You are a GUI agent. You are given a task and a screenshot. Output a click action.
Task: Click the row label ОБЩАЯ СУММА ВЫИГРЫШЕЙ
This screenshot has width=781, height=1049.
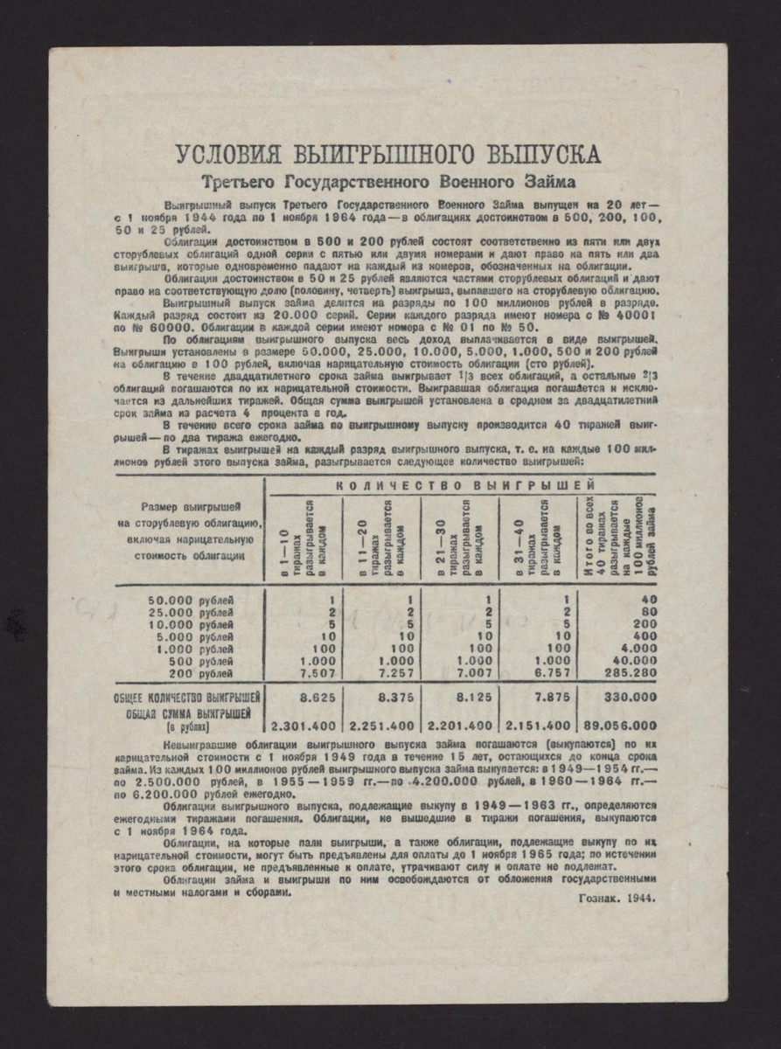click(x=185, y=714)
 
